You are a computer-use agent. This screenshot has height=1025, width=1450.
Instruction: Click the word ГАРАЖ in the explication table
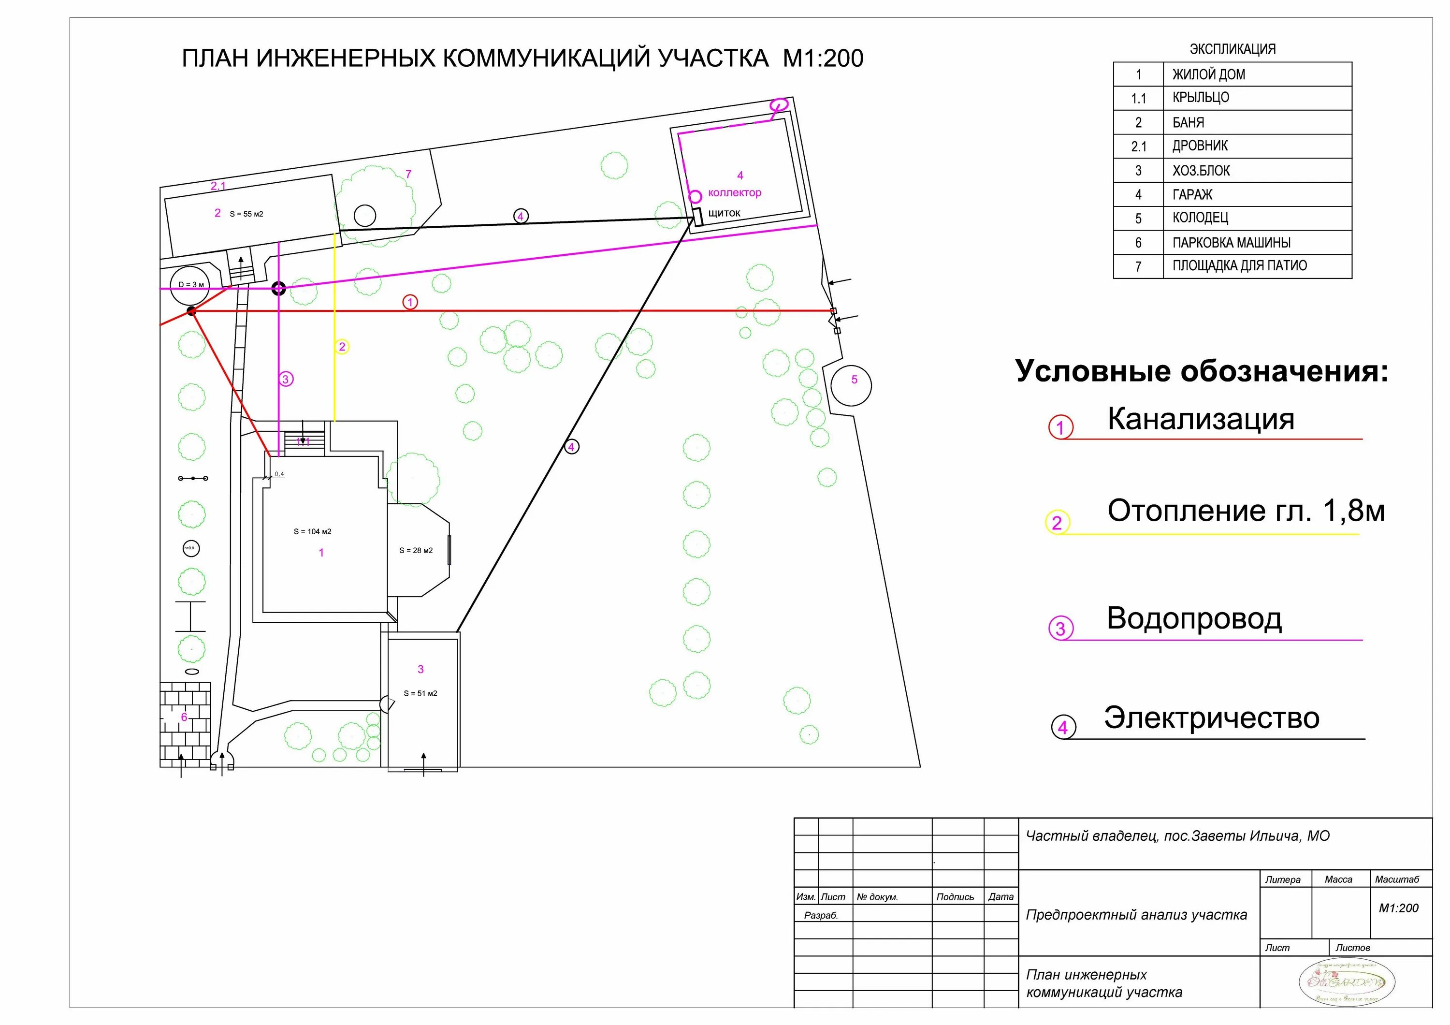pos(1192,194)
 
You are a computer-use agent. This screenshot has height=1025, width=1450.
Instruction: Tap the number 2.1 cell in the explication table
pos(1138,146)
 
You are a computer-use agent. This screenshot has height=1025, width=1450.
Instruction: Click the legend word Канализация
pos(1201,419)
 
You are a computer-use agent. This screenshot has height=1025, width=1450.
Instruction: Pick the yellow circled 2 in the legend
pos(1057,523)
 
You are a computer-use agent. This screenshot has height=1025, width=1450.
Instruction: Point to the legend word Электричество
pos(1211,718)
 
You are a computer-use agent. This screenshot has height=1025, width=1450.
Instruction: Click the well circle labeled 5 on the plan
pos(851,384)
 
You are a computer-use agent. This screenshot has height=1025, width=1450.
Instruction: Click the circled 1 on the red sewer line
pos(410,303)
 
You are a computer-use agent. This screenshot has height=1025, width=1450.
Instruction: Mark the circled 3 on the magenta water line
pos(286,380)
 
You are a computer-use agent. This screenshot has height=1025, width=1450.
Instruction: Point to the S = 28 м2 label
pos(416,551)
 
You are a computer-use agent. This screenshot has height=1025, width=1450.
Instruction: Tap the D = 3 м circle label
pos(191,285)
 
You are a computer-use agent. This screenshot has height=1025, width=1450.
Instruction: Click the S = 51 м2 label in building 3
pos(420,693)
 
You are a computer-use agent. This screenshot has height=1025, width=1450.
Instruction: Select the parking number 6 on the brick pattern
pos(185,717)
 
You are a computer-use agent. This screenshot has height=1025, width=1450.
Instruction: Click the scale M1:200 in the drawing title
pos(822,59)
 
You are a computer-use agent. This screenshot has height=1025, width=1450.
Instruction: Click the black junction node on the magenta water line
pos(278,289)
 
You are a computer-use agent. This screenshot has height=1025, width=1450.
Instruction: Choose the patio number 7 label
pos(408,175)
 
